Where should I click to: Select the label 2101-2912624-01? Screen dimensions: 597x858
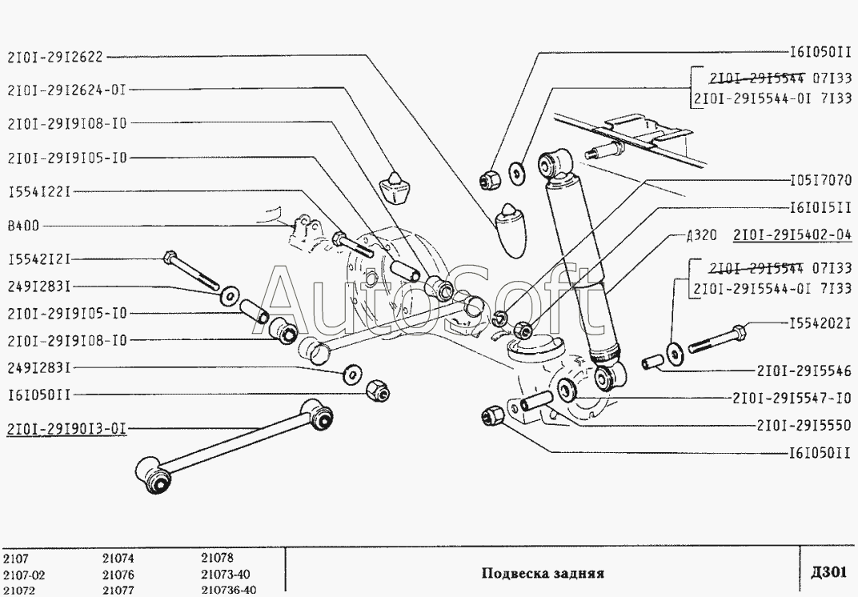coord(66,90)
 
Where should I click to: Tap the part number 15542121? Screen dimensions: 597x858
coord(40,259)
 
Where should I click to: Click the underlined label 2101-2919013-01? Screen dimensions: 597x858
coord(66,427)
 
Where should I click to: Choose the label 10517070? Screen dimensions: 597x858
coord(820,179)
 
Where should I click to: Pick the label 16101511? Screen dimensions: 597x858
coord(820,206)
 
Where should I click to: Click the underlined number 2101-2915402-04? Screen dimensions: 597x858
coord(792,235)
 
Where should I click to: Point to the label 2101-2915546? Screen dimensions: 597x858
coord(803,371)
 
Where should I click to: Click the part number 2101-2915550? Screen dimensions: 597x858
coord(803,425)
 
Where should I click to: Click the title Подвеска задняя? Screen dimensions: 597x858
coord(542,573)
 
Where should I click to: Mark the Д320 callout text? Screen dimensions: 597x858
coord(700,235)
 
